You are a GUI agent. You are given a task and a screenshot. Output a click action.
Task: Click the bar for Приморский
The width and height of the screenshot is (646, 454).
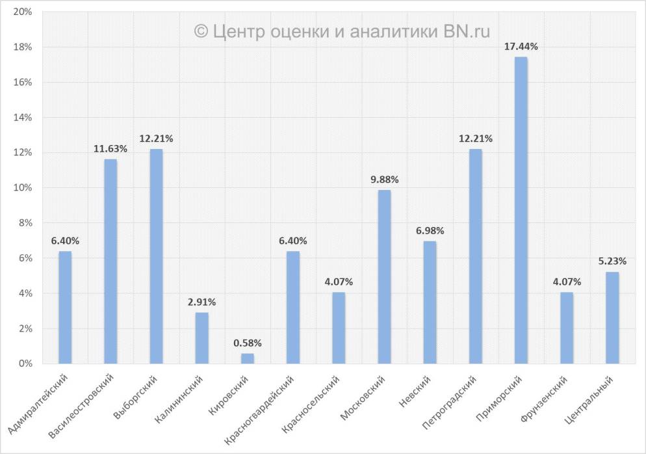(521, 210)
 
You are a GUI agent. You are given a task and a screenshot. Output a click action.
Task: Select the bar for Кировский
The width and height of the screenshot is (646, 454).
(247, 358)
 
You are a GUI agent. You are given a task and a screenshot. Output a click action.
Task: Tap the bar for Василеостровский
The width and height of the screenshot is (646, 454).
(110, 261)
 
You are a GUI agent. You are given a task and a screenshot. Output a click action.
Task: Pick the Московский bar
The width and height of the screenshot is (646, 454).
(384, 276)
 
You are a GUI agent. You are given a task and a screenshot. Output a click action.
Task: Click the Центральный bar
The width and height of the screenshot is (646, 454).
(612, 317)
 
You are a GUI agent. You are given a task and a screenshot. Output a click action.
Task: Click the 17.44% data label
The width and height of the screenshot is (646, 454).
(521, 46)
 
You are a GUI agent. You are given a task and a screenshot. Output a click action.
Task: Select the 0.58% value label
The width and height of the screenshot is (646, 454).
(247, 343)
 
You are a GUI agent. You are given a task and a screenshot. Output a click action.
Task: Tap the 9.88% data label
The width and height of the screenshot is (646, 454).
(384, 180)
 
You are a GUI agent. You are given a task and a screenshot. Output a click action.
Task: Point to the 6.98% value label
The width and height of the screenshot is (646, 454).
(430, 230)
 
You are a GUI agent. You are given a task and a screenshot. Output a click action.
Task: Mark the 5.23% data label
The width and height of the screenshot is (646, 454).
(612, 261)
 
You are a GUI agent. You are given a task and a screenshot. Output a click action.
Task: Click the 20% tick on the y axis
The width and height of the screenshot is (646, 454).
(23, 12)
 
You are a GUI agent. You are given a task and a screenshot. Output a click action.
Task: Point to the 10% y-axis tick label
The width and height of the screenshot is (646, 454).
(23, 188)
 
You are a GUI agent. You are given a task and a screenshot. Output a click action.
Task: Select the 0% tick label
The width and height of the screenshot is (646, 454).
(25, 364)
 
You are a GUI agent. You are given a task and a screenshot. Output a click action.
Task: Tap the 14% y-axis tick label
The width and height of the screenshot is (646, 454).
(23, 118)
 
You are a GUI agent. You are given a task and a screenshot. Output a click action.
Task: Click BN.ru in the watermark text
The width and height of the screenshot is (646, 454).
(467, 30)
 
